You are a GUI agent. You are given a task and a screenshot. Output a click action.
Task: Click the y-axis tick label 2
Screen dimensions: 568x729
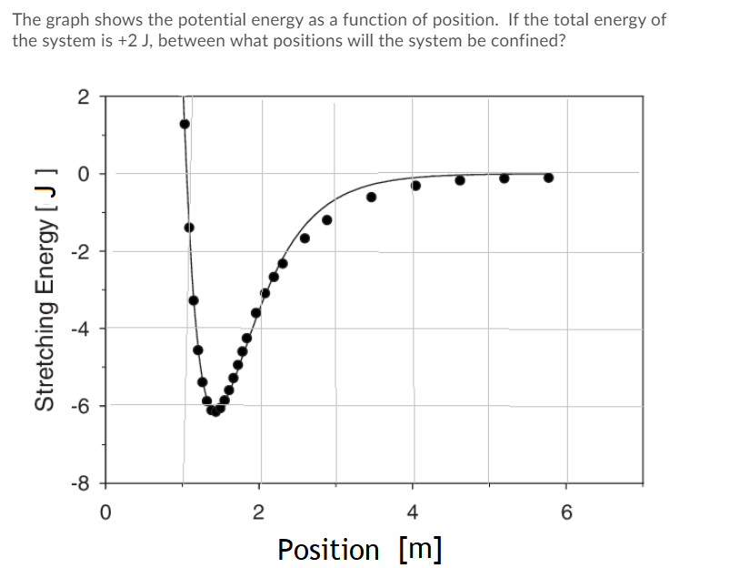83,97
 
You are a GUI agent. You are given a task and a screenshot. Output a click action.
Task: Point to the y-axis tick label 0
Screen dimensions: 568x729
83,173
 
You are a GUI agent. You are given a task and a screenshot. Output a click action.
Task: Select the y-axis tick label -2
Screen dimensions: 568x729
80,250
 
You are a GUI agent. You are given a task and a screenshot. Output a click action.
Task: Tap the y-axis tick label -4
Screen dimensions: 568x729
80,328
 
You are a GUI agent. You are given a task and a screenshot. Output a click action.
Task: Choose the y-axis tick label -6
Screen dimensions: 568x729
80,405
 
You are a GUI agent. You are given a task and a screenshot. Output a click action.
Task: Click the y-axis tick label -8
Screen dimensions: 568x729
80,482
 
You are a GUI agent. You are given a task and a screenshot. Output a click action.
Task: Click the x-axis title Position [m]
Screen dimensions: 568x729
360,550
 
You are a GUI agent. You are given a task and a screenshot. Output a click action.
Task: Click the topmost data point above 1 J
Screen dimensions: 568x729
185,124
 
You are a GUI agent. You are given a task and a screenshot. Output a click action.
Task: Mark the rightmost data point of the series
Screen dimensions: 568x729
548,177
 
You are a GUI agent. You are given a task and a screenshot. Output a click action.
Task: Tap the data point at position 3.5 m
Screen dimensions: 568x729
371,198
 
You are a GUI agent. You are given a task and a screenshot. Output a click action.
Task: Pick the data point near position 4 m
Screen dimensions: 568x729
416,186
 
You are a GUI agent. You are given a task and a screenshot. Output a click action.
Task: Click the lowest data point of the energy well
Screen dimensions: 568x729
215,411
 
